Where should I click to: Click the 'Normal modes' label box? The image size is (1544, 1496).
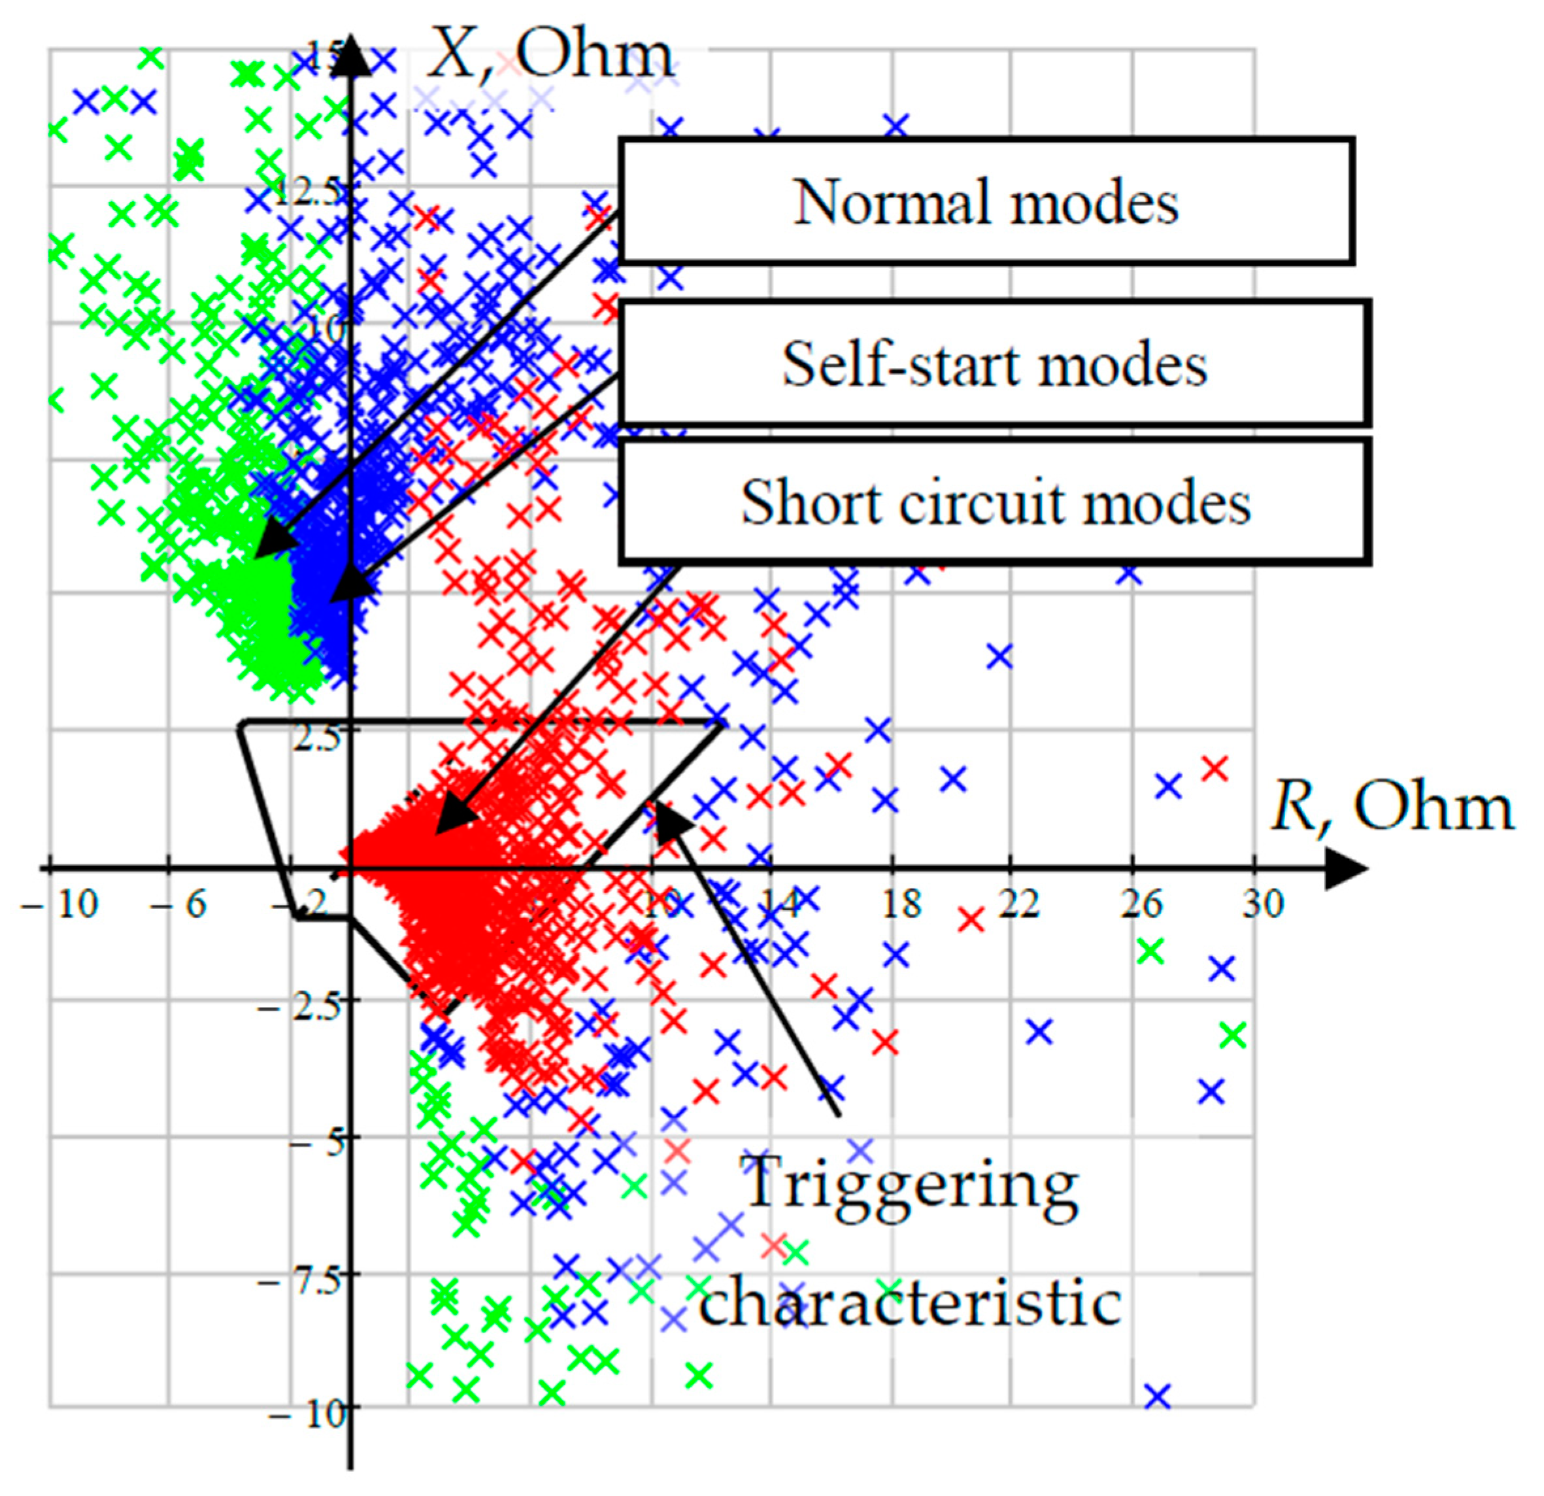[x=986, y=201]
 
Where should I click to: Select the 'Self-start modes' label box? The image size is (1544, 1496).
[x=994, y=364]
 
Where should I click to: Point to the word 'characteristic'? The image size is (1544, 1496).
[x=911, y=1302]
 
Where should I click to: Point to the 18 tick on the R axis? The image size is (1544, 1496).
[x=900, y=904]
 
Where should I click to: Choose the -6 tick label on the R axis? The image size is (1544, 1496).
[x=179, y=904]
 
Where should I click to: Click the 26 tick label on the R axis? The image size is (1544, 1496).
[x=1141, y=904]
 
